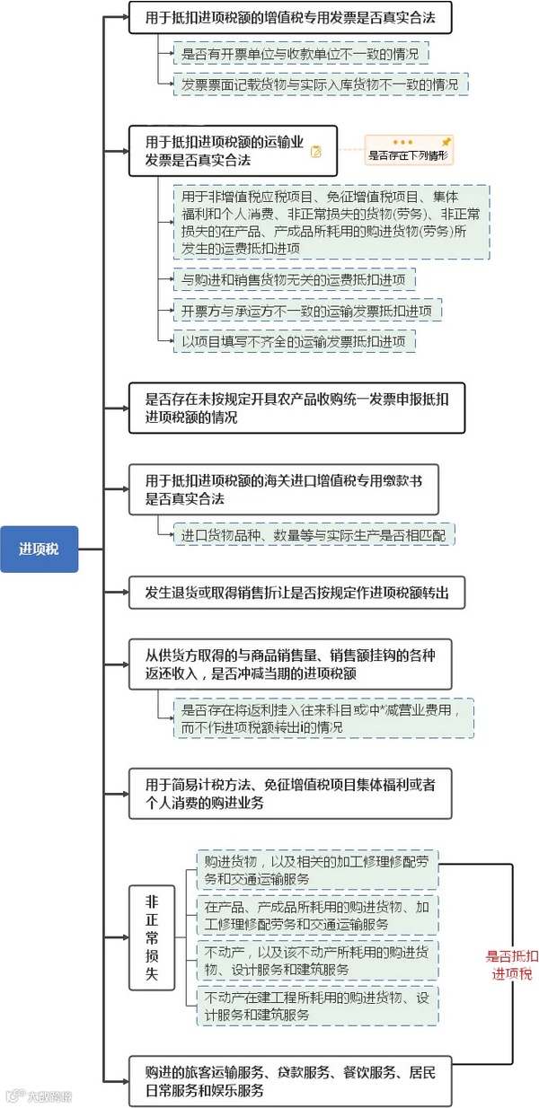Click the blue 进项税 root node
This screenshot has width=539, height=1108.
click(x=40, y=549)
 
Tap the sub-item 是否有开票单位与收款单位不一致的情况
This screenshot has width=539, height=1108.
click(x=300, y=55)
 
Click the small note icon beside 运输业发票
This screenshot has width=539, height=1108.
click(x=316, y=152)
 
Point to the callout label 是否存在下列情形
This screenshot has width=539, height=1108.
click(x=408, y=155)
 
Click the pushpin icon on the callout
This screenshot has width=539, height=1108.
click(x=446, y=142)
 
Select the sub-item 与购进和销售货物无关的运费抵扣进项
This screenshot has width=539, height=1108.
click(x=295, y=280)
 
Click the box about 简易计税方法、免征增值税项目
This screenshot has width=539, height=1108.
click(x=288, y=793)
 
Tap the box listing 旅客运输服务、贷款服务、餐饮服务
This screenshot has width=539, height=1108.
click(x=296, y=1080)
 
